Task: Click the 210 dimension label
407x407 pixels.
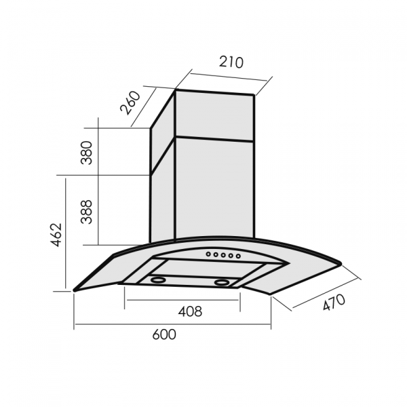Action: (231, 62)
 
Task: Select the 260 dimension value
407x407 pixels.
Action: (130, 103)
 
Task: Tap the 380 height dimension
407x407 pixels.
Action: (87, 153)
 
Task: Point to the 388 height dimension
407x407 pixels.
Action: (87, 212)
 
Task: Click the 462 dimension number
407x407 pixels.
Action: (56, 235)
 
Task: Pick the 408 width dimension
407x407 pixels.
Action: (190, 311)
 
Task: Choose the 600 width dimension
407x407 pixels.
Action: (164, 334)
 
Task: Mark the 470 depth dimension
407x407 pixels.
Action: (334, 303)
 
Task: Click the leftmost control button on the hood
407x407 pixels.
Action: (208, 254)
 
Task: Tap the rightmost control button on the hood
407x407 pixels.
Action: (238, 256)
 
